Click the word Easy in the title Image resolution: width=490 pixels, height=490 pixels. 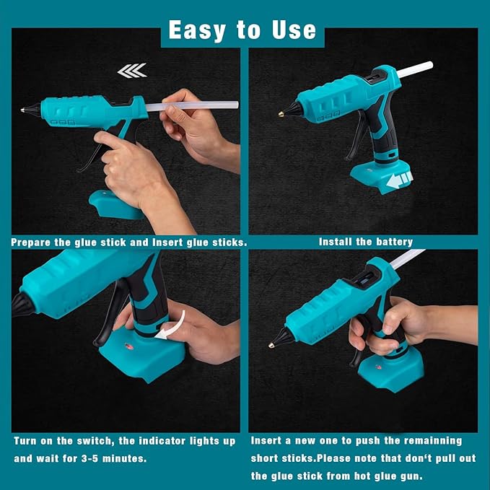coord(196,30)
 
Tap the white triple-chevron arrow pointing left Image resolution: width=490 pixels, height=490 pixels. coord(132,70)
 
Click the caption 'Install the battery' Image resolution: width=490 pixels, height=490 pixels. coord(366,242)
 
